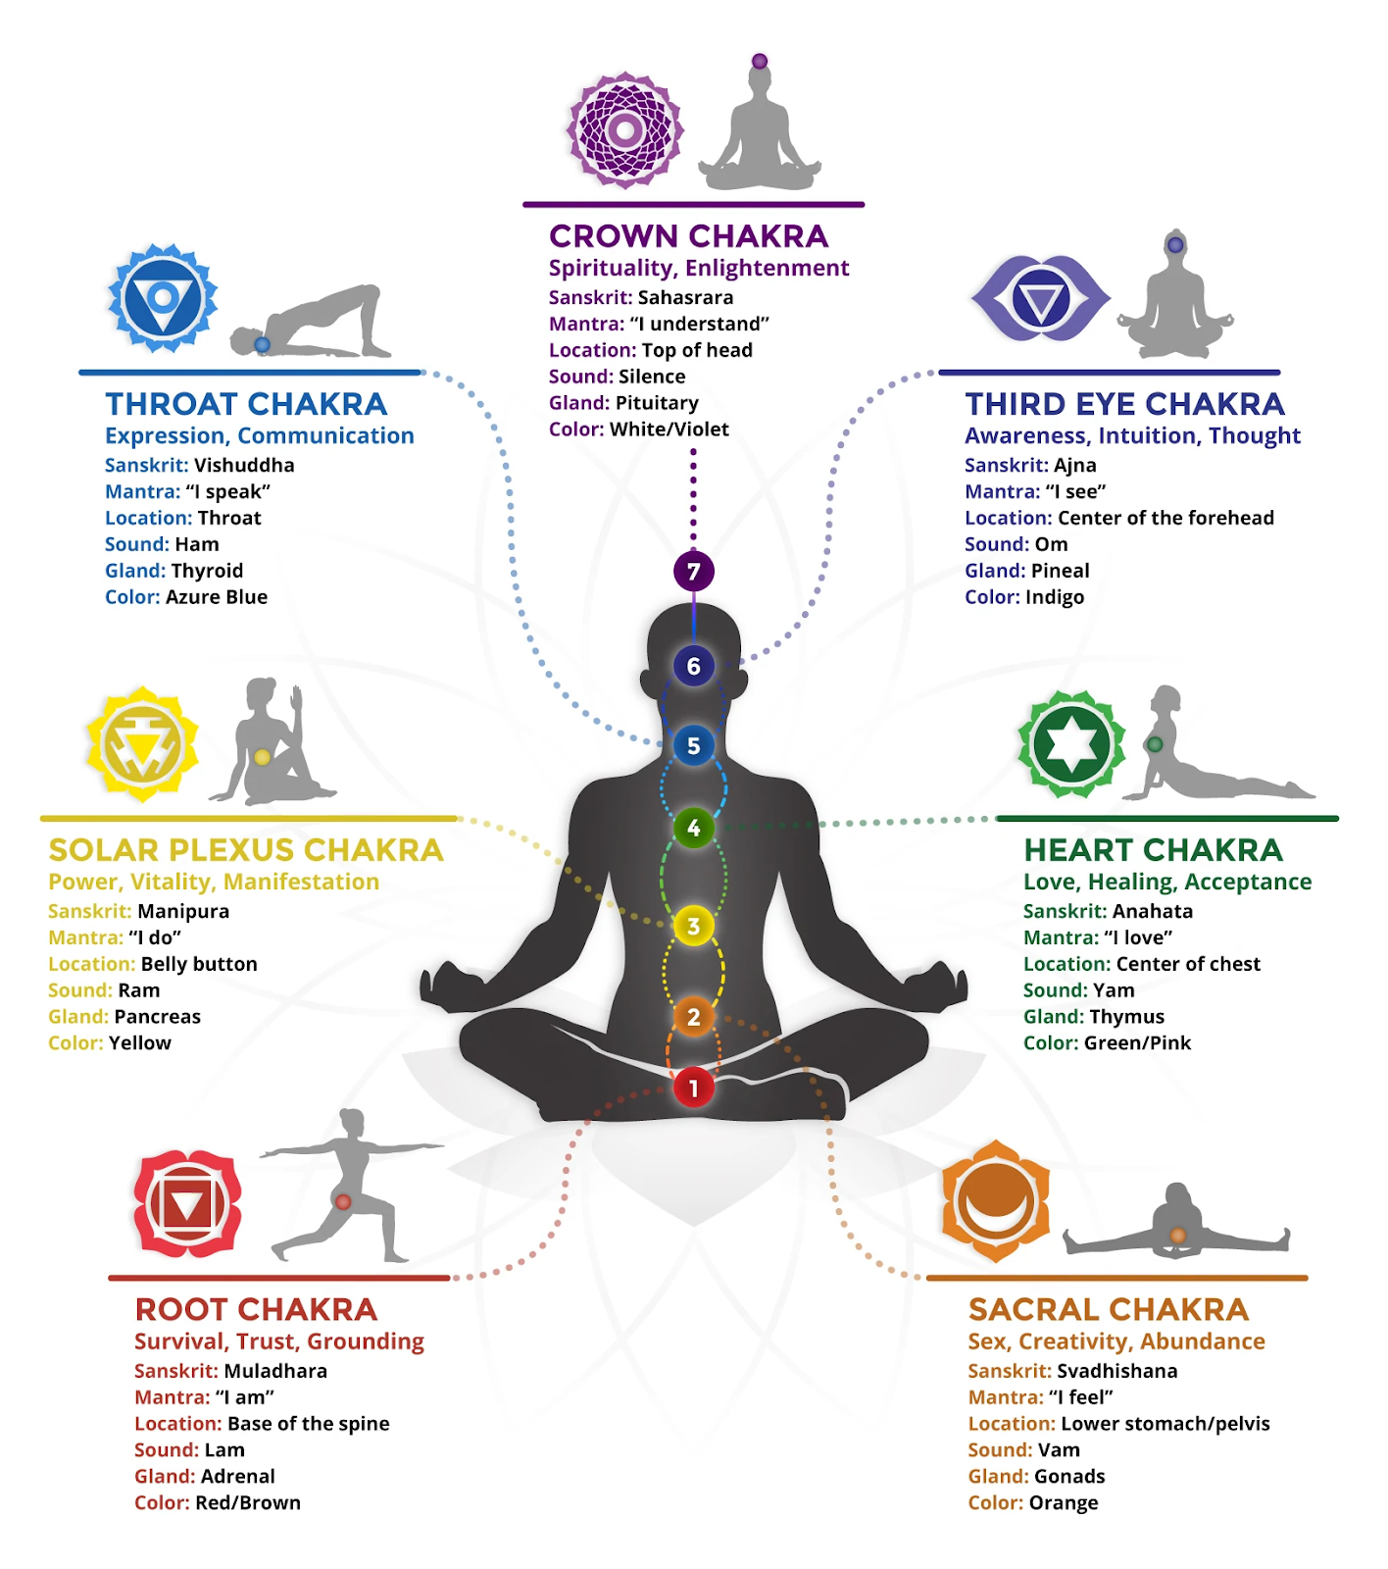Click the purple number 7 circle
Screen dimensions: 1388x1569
[693, 571]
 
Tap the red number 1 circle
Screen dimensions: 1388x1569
[693, 1087]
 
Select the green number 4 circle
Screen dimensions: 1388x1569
[693, 828]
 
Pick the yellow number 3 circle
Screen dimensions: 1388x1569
[693, 926]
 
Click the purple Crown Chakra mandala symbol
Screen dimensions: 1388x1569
[625, 129]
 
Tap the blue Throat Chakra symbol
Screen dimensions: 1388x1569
[163, 298]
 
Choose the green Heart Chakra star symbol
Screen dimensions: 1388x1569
[1071, 744]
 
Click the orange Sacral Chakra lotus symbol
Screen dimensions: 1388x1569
[995, 1200]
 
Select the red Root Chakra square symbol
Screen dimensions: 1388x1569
[187, 1204]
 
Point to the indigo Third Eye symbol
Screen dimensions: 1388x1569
[1040, 298]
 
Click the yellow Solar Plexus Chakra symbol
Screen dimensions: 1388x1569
[142, 744]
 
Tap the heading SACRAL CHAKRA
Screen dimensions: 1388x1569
[1109, 1309]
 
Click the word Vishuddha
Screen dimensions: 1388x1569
[244, 465]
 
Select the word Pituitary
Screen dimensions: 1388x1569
[657, 403]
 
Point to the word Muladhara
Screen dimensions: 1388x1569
[275, 1371]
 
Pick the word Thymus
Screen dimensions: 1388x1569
[1127, 1017]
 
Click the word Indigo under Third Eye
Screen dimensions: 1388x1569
[1055, 597]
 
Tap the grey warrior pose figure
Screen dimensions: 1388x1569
[350, 1185]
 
